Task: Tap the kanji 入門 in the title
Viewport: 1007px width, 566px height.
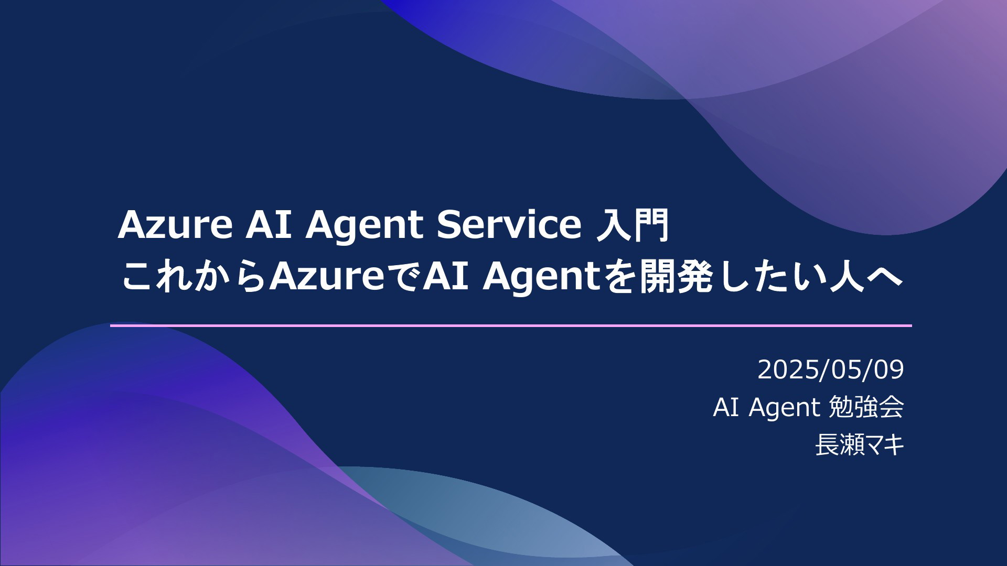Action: pos(634,225)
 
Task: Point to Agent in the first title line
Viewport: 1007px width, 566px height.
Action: pos(365,226)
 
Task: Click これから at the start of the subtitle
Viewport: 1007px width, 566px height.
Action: pos(194,276)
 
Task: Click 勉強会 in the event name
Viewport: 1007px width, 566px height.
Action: pos(866,407)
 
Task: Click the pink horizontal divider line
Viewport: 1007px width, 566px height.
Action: pos(511,325)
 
